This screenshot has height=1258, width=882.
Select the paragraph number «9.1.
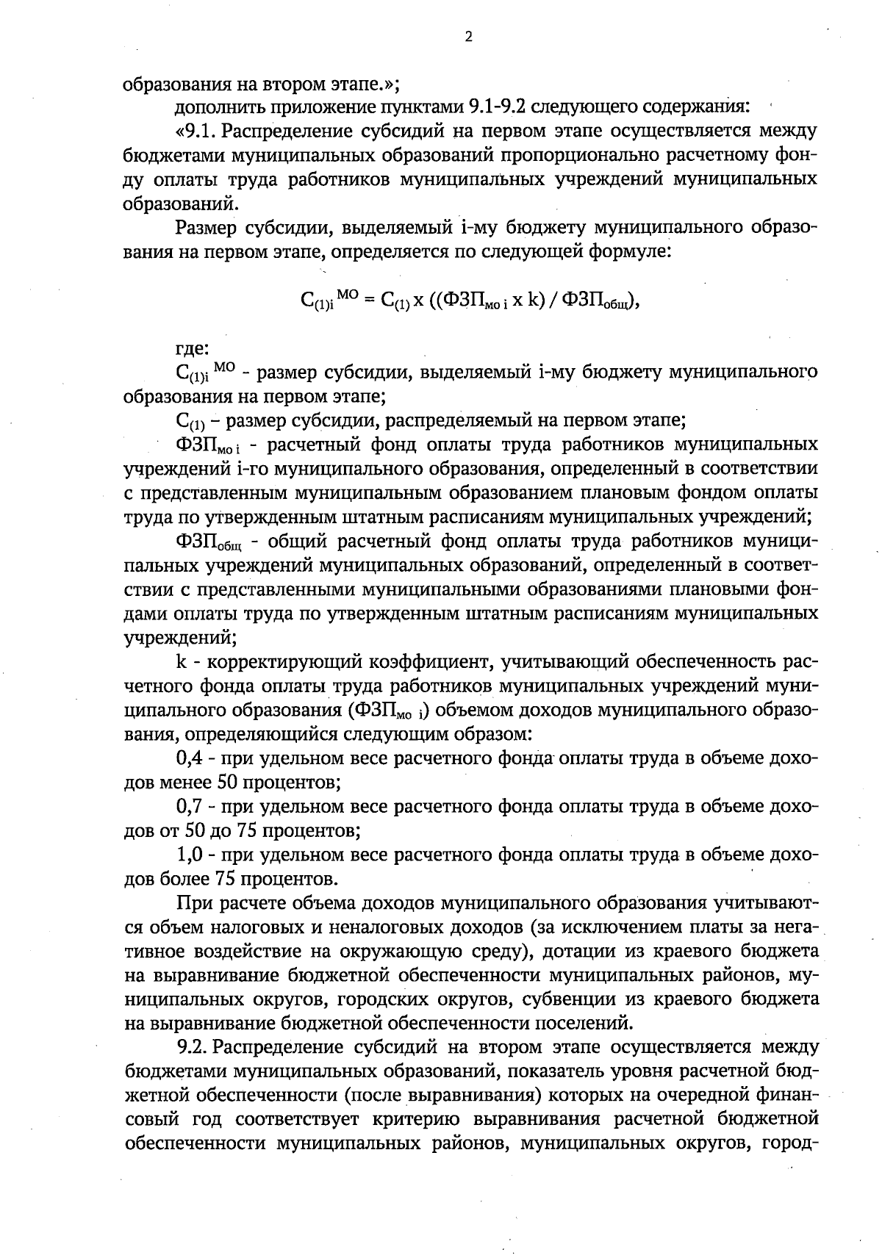coord(195,132)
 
